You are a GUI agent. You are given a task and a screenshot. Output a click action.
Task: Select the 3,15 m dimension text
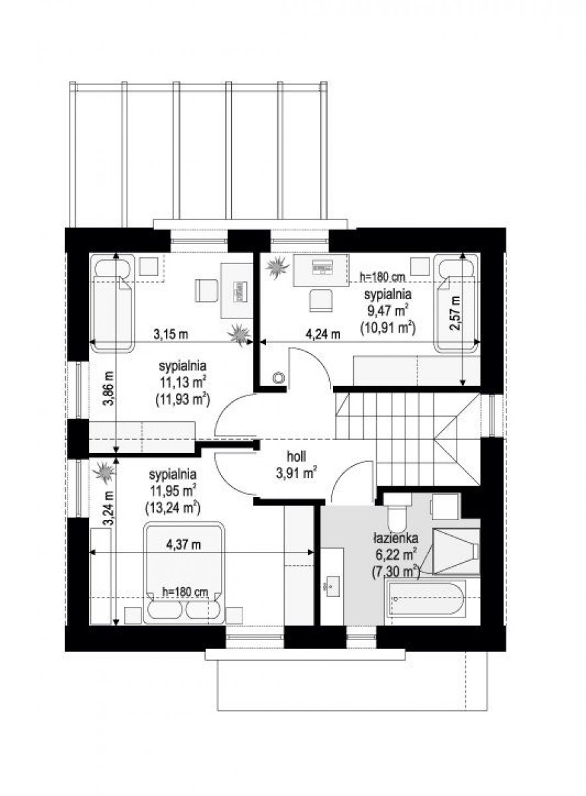pos(171,334)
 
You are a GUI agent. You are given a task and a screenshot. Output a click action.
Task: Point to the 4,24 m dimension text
pos(323,334)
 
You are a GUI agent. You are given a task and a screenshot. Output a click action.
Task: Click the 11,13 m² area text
pos(183,382)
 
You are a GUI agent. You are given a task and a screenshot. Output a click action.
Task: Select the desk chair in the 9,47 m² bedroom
pos(321,300)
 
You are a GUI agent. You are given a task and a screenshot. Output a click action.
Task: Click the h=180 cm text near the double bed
pos(185,592)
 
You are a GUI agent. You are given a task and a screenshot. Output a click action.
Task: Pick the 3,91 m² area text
pos(296,472)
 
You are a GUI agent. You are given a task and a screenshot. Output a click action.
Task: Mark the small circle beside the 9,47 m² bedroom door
pos(279,377)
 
